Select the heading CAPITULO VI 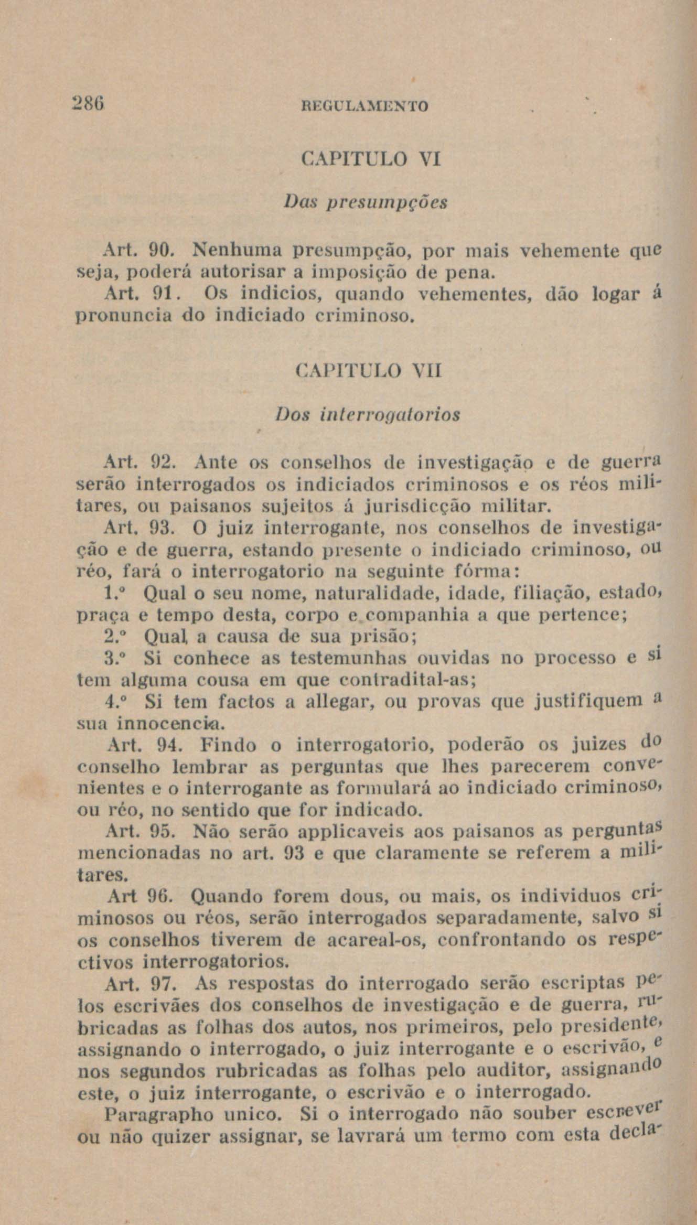coord(372,158)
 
